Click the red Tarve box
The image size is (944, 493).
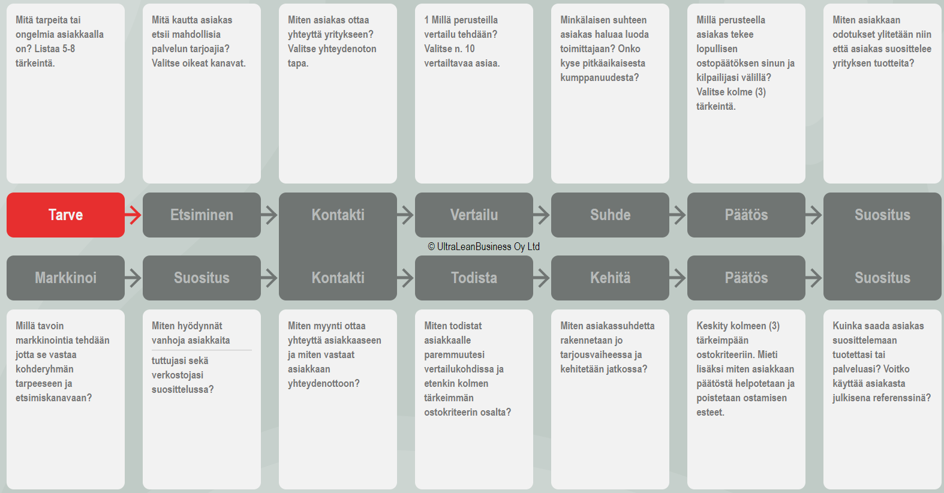[65, 215]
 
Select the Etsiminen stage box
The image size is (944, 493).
[202, 215]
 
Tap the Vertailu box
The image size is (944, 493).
[474, 215]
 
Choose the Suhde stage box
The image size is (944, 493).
[610, 215]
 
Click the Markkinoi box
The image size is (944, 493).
[65, 278]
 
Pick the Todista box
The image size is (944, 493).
[474, 278]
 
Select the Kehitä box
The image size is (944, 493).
[610, 278]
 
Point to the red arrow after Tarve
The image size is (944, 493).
[133, 215]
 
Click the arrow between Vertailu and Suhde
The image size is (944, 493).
[542, 215]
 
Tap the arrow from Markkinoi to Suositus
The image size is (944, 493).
[133, 278]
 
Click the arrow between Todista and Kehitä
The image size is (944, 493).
[542, 278]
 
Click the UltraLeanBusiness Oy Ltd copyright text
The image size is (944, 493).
[484, 246]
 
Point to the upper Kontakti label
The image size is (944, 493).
[338, 215]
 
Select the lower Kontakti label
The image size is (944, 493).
[338, 278]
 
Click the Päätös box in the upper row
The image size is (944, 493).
[746, 215]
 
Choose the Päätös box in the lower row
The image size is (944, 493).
[746, 278]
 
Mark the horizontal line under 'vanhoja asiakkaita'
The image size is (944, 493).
[202, 350]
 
